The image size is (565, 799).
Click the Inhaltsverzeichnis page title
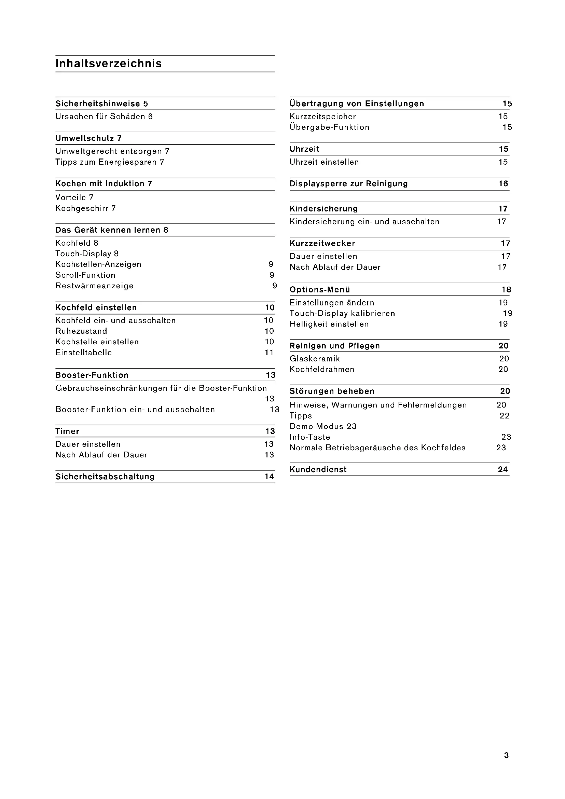[x=109, y=64]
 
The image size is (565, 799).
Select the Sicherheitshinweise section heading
[x=101, y=104]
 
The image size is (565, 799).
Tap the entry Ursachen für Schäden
[x=104, y=116]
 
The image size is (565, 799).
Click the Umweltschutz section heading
[x=88, y=138]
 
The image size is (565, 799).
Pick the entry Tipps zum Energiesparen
[x=110, y=162]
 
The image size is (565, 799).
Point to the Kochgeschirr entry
[x=86, y=208]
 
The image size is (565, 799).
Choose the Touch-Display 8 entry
[x=87, y=254]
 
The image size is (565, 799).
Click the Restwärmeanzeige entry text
[x=94, y=286]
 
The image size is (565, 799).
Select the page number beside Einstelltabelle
[x=269, y=353]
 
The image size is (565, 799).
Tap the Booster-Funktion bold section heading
[x=92, y=375]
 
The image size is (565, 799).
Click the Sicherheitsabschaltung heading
[x=105, y=477]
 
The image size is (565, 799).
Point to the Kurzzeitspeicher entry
[x=322, y=116]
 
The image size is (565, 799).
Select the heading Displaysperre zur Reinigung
[x=349, y=184]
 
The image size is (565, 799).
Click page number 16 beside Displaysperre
[x=504, y=184]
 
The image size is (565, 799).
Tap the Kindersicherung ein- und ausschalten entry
[x=364, y=222]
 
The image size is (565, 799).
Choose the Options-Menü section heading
[x=320, y=290]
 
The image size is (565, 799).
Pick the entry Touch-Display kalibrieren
[x=342, y=314]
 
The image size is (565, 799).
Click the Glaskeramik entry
[x=315, y=359]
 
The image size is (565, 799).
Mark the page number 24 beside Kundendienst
[x=503, y=469]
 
